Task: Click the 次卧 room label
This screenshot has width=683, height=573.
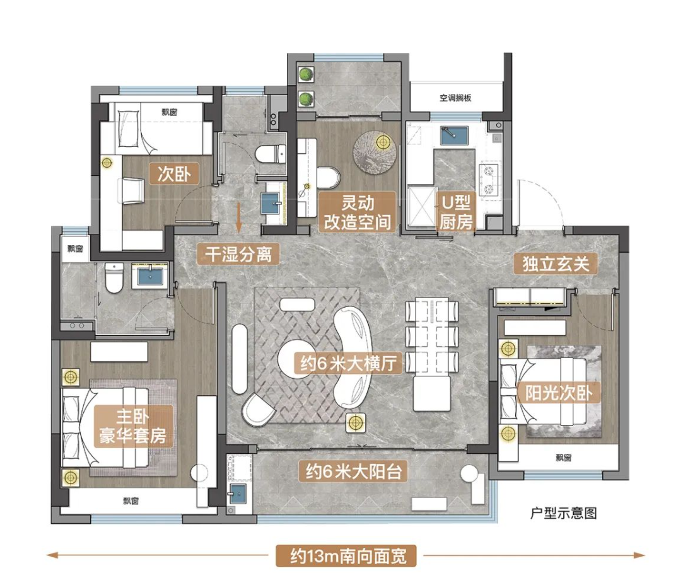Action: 174,174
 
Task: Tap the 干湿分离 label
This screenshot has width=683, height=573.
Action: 238,254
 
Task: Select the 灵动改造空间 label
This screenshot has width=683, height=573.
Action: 357,213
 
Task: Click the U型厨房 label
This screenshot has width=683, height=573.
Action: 455,212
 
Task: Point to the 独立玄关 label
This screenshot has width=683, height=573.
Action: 556,263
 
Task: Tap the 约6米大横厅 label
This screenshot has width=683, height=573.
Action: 347,362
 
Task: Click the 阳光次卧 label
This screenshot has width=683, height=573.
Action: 558,393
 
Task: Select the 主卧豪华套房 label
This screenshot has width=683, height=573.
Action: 133,426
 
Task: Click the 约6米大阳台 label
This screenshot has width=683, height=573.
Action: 353,471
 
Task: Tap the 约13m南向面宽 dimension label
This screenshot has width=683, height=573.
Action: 346,556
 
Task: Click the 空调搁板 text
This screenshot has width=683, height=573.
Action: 455,98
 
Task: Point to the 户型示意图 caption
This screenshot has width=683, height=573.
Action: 563,513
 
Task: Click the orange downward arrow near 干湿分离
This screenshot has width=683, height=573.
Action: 238,217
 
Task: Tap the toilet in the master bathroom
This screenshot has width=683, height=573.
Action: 114,278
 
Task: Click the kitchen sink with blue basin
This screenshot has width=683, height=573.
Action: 454,136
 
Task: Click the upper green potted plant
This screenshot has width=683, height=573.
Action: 306,74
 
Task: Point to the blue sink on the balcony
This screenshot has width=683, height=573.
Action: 238,493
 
